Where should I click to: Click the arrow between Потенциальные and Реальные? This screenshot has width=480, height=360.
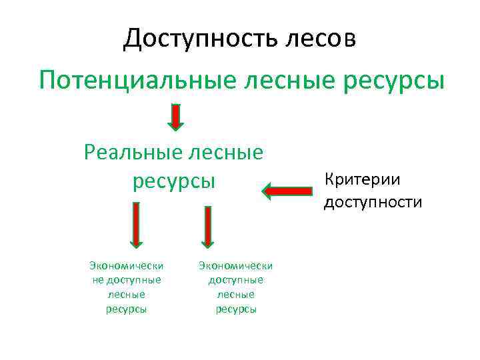pos(175,116)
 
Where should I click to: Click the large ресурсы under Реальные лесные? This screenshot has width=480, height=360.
pos(175,181)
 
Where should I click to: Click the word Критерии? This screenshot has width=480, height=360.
pos(362,179)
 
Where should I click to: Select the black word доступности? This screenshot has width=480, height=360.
pos(373,202)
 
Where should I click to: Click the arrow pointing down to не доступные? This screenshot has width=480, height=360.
pos(135,227)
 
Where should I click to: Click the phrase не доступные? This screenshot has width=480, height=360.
pos(126,279)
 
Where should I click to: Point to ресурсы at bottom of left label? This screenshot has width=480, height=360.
pos(126,309)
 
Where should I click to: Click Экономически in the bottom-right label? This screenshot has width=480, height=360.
pos(235,266)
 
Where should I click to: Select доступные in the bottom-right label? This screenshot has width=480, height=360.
pos(235,280)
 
